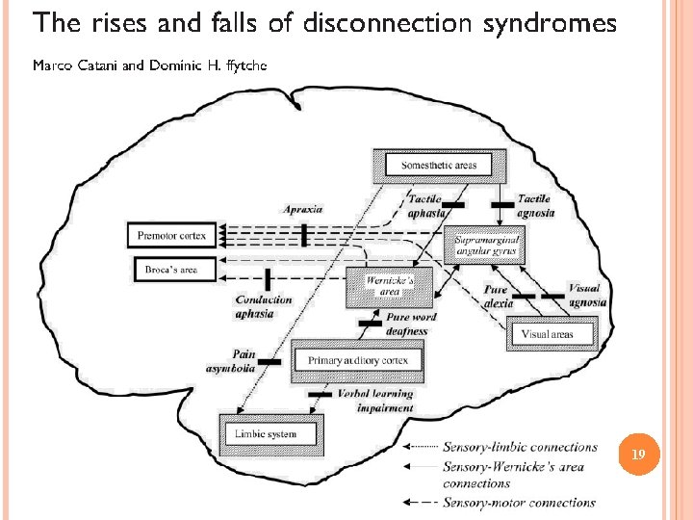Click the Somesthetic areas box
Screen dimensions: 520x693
coord(438,166)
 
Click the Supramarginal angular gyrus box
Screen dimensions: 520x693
coord(487,245)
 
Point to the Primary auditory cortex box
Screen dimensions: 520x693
coord(358,360)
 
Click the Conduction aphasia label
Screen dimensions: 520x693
coord(264,305)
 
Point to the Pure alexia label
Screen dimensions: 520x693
coord(497,295)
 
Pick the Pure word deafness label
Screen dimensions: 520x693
coord(410,325)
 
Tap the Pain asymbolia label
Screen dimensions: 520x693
coord(231,361)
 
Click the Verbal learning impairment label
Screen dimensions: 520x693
coord(375,401)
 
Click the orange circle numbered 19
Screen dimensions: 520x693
coord(636,454)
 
